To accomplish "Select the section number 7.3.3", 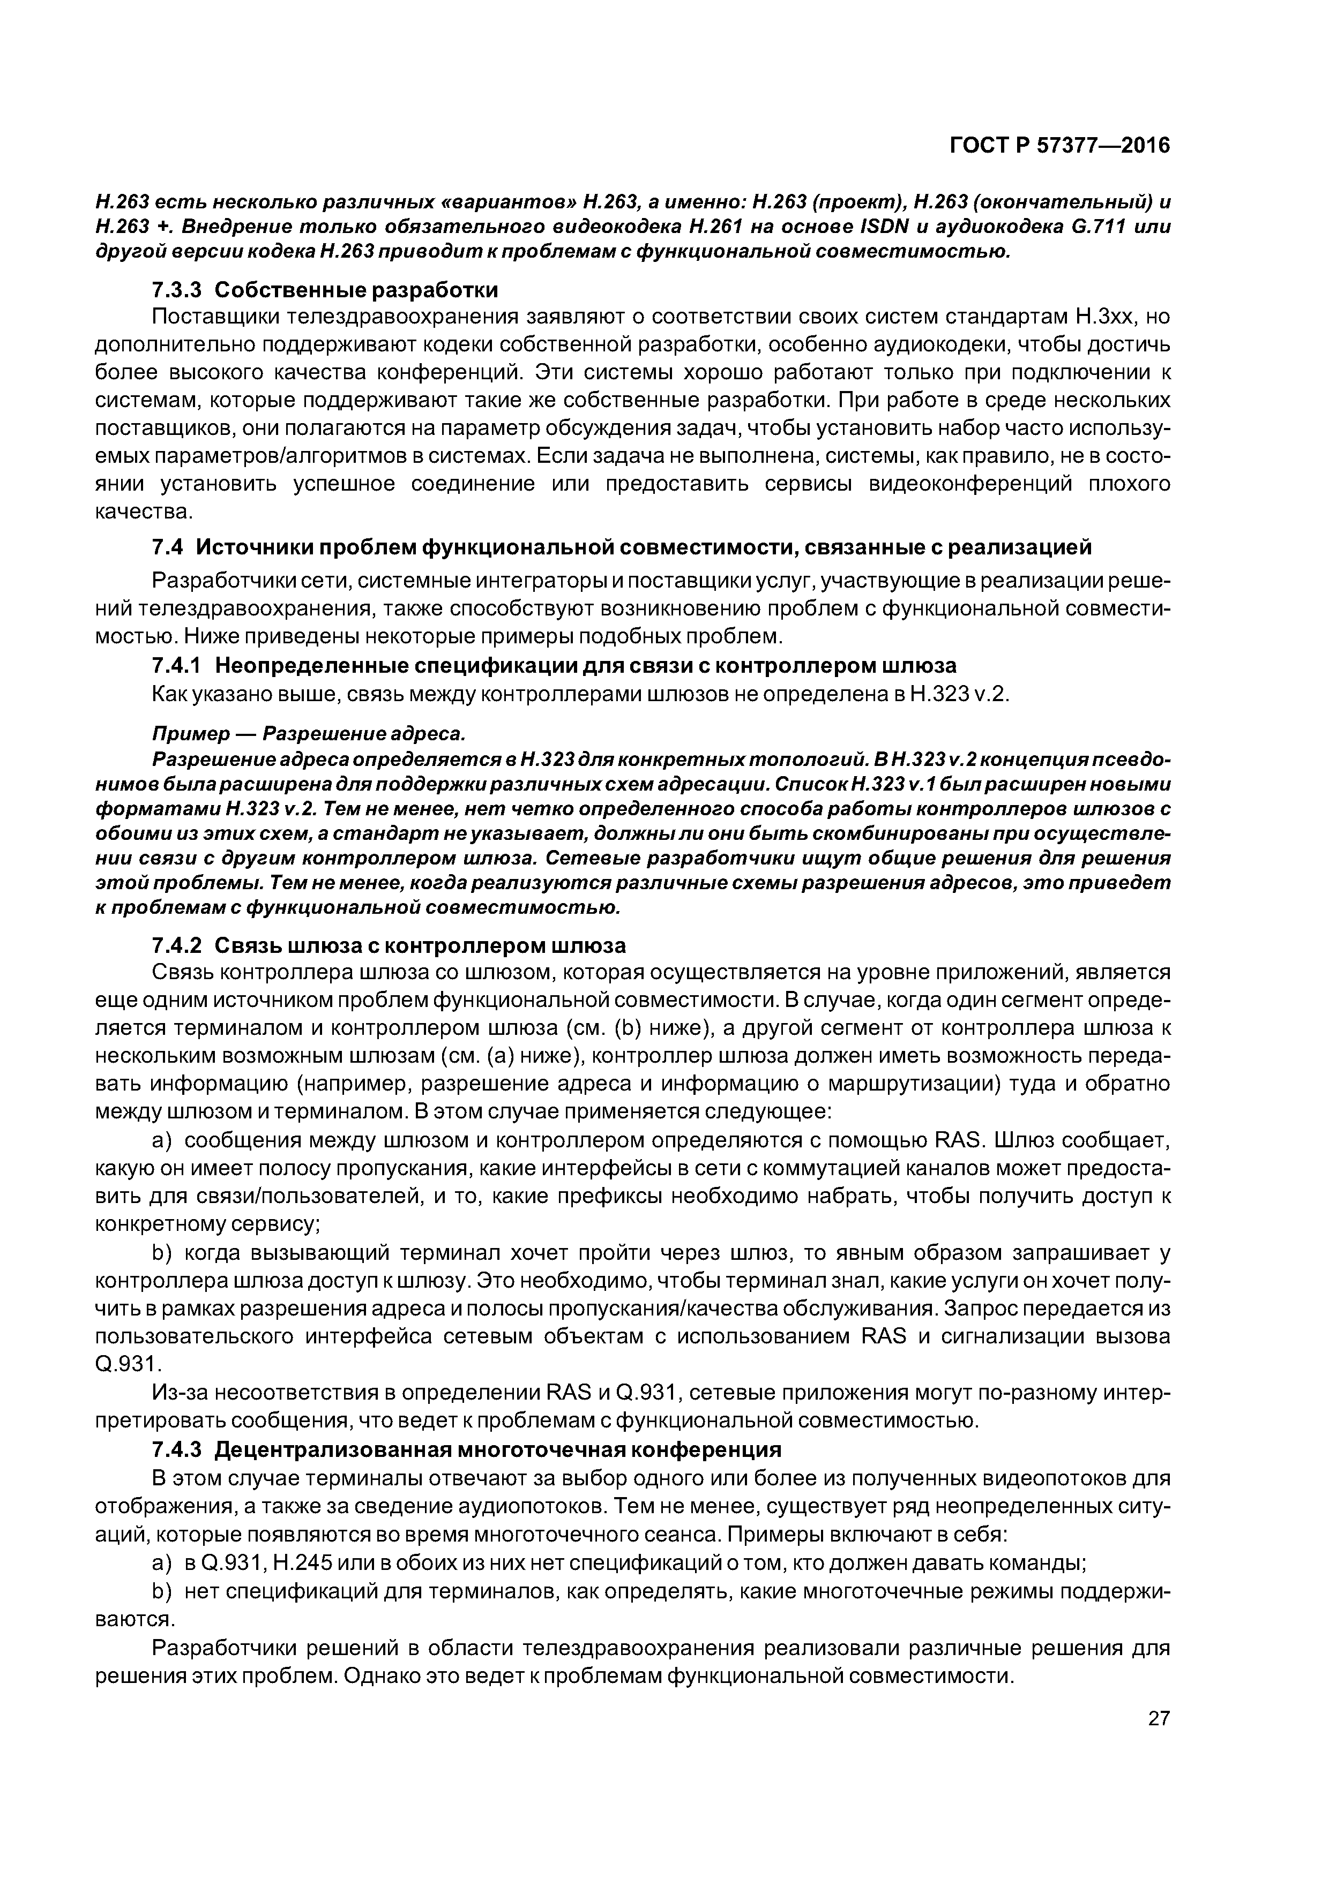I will pos(178,290).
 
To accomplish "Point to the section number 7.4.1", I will pos(178,665).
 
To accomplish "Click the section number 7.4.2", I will pos(178,946).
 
